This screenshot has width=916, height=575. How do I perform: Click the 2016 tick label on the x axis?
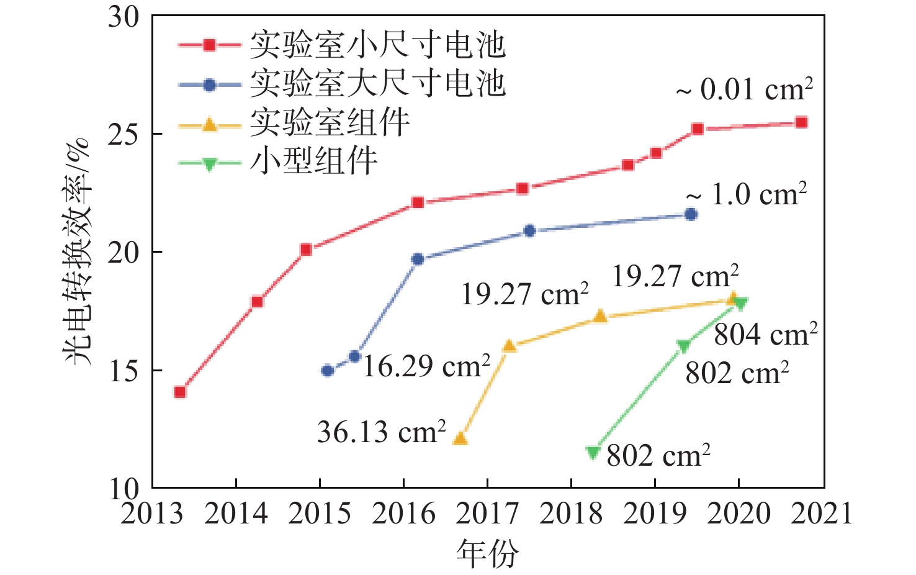tap(403, 514)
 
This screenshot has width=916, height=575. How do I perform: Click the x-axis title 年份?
tap(487, 553)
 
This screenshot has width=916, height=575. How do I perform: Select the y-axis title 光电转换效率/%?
tap(78, 251)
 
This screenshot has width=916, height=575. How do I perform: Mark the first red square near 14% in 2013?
tap(180, 392)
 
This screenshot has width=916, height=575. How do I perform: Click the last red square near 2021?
tap(801, 122)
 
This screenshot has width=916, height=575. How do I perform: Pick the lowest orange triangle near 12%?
tap(460, 439)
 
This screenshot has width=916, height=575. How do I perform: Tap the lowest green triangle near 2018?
tap(593, 453)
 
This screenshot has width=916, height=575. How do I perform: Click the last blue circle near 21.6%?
tap(691, 214)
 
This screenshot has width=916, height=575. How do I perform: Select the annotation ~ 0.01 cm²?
tap(744, 89)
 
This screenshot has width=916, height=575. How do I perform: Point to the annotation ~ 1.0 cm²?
tap(747, 194)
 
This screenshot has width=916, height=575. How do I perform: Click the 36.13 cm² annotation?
tap(382, 432)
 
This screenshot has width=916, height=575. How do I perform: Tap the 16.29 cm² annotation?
tap(426, 366)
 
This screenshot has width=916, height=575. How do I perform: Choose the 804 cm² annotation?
tap(765, 335)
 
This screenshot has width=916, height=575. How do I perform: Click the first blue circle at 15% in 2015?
tap(327, 371)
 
